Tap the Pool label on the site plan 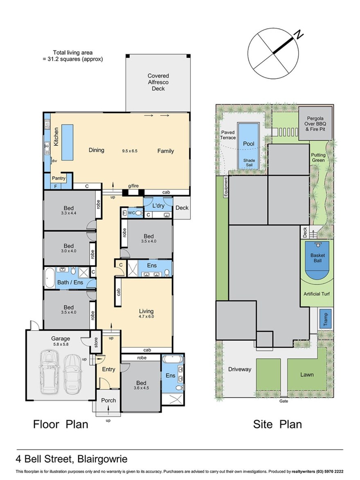point(249,144)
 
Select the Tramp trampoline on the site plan point(325,319)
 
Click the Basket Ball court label point(317,258)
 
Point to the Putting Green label point(318,158)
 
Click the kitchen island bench point(67,142)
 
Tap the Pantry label point(59,178)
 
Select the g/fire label point(133,186)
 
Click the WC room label point(131,213)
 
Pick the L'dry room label point(158,206)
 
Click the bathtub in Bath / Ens point(50,278)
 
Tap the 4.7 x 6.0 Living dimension point(146,317)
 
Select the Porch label point(108,400)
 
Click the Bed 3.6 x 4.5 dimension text point(141,388)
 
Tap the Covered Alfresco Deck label point(158,82)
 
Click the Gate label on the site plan point(284,401)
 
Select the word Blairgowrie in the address point(102,459)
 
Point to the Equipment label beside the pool point(226,187)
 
